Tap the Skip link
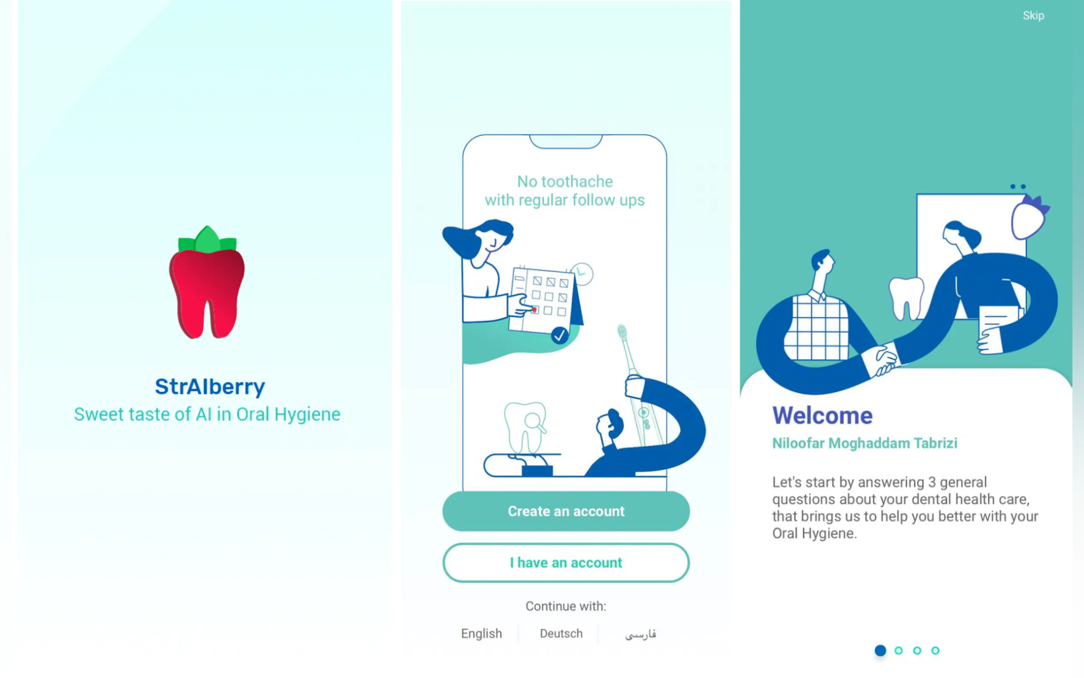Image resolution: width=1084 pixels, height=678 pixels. tap(1033, 16)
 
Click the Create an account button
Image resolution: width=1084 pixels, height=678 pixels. tap(565, 511)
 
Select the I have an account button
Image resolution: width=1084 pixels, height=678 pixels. tap(565, 562)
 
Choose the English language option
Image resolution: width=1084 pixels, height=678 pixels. tap(481, 633)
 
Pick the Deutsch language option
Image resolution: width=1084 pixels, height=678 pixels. tap(561, 633)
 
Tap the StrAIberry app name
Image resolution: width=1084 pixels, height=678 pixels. tap(210, 386)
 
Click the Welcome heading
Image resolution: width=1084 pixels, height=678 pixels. tap(822, 415)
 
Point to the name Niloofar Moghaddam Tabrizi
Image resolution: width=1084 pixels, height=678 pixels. tap(864, 443)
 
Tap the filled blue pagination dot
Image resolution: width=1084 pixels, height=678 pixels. tap(880, 650)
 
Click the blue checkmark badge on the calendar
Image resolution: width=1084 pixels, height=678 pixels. tap(559, 335)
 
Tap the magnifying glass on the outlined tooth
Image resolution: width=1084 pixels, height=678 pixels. tap(535, 422)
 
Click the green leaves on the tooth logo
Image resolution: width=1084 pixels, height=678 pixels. tap(207, 239)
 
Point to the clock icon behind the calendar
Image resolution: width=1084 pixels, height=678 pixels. tap(582, 274)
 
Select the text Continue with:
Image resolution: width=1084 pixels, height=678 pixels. tap(565, 606)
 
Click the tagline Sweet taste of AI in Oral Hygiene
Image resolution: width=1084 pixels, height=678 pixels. tap(207, 414)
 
